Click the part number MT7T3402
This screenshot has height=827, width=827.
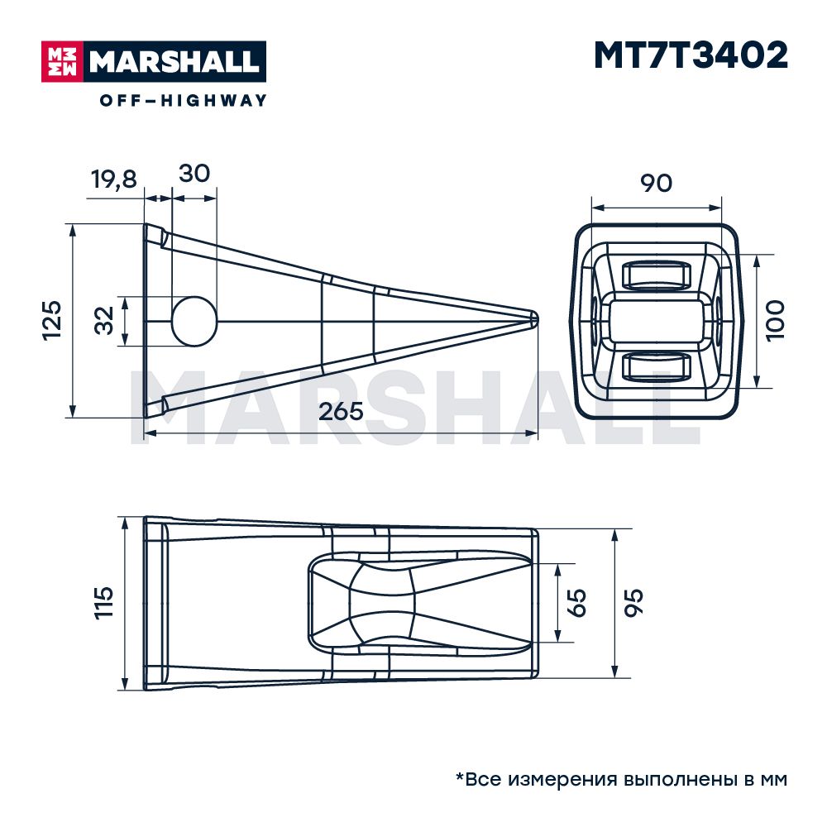[x=691, y=55]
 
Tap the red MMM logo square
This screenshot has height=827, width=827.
[x=62, y=62]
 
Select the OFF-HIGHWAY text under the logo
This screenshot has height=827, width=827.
[x=183, y=100]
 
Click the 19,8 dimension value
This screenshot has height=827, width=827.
[x=114, y=179]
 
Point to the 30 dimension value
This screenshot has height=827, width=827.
[x=194, y=174]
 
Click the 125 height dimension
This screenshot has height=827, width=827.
[x=52, y=320]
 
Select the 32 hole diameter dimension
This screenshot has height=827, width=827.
[x=104, y=320]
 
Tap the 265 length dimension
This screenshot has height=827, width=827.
[x=342, y=411]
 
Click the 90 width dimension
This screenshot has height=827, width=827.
[x=656, y=183]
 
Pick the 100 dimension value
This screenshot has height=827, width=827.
[x=776, y=321]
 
